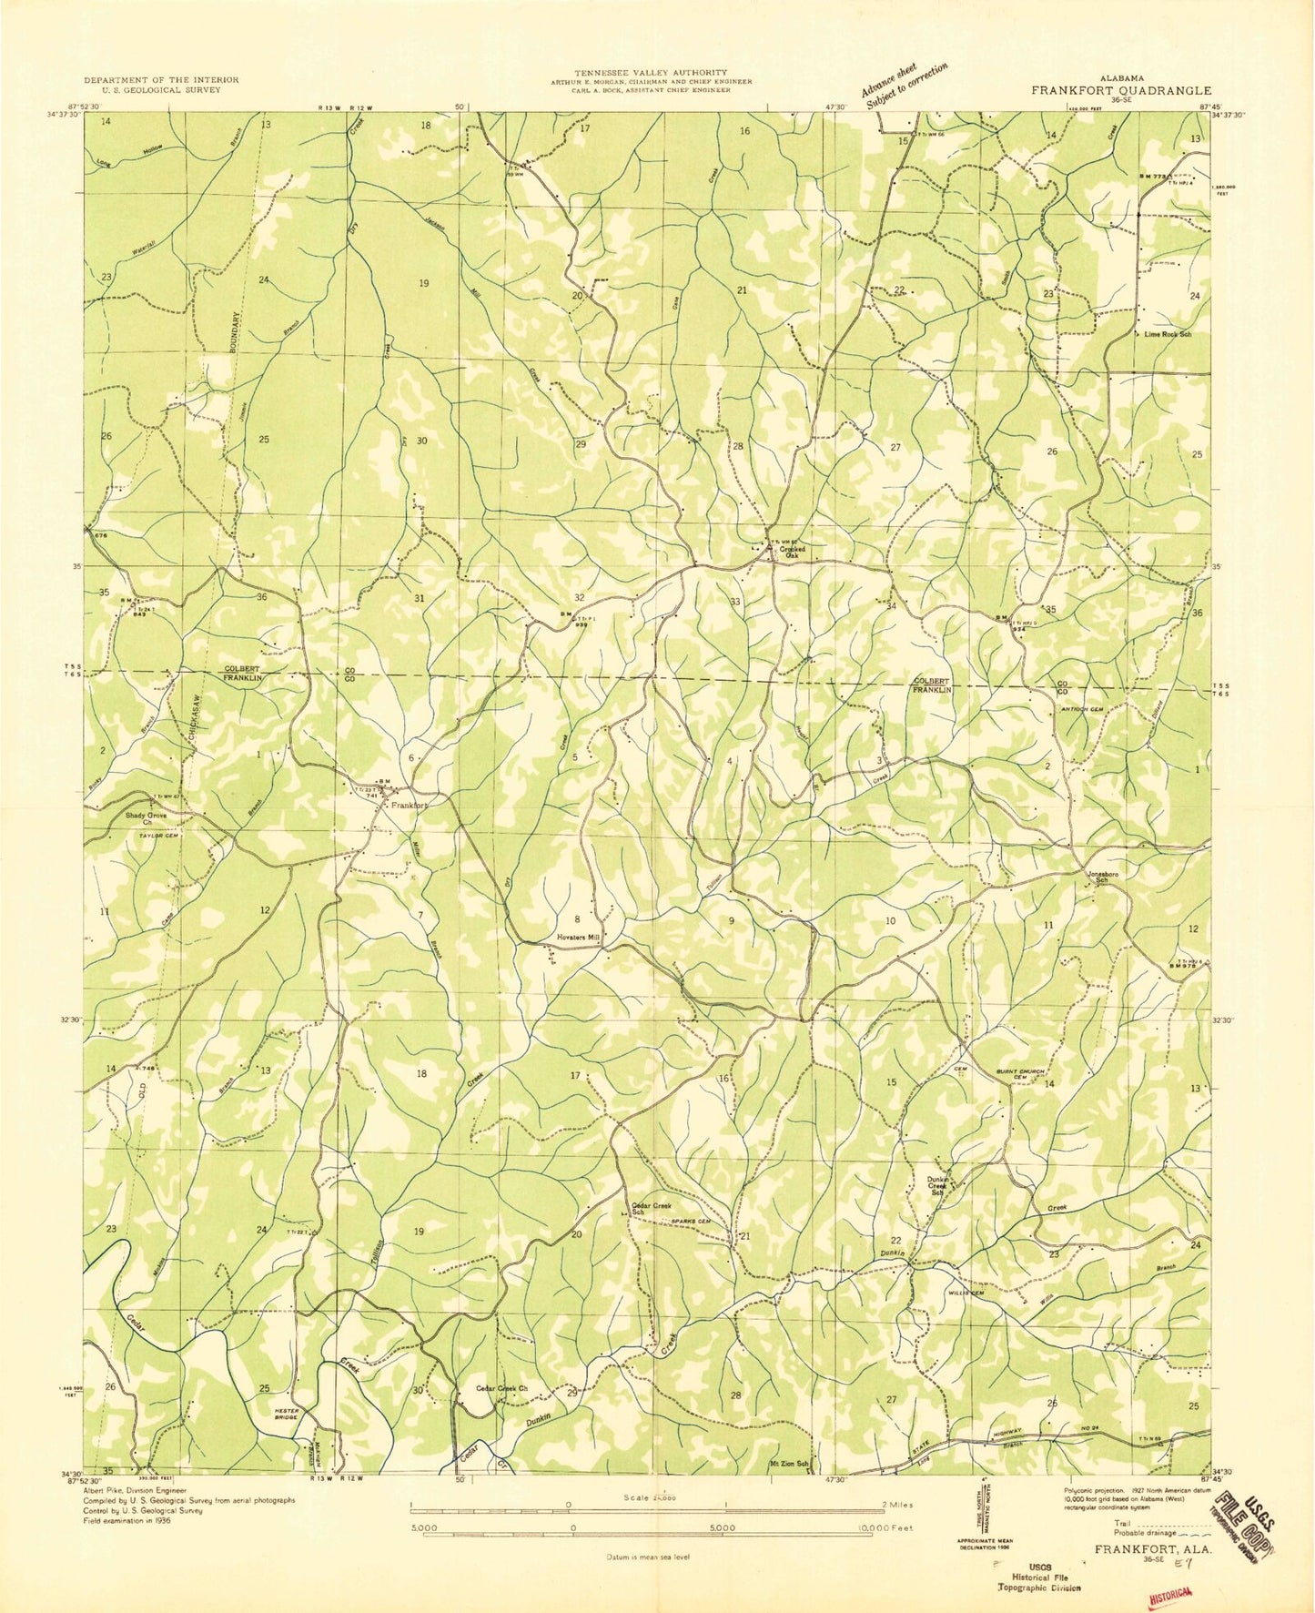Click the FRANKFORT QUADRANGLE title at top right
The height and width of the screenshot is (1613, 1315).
tap(1120, 91)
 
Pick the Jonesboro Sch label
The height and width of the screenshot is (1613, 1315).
tap(1098, 878)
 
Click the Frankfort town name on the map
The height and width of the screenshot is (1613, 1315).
tap(409, 806)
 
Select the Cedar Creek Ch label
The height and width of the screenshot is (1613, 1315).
tap(503, 1388)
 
